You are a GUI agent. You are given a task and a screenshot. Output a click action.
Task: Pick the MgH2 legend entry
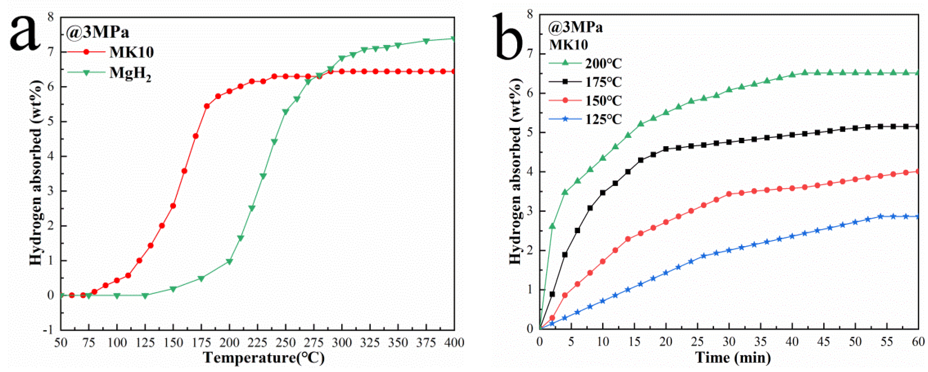coord(130,73)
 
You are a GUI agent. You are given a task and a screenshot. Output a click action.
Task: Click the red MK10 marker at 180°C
coord(207,106)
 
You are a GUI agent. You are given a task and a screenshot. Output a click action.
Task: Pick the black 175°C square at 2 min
coord(552,294)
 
